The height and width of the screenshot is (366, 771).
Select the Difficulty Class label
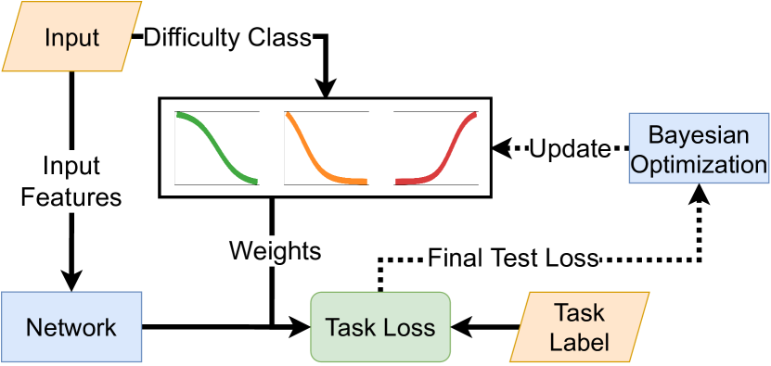pos(228,38)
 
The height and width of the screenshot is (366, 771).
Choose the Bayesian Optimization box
pos(699,148)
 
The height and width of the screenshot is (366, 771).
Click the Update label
pos(571,148)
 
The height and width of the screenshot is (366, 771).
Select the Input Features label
pos(71,182)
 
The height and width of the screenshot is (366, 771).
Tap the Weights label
pos(275,250)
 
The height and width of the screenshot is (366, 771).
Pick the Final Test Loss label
pos(513,257)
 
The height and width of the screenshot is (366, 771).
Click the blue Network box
pos(71,326)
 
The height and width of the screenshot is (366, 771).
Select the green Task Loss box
pos(380,326)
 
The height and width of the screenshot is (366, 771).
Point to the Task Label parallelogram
pos(580,326)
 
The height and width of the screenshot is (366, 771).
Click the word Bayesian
pos(699,135)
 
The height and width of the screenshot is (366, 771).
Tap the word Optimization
pos(699,164)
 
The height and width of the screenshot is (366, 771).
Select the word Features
pos(71,196)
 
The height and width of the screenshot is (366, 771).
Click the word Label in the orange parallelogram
pos(580,341)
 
